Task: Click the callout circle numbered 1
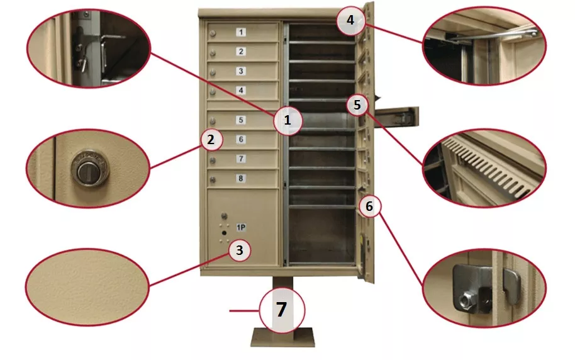pos(287,119)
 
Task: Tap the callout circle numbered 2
pos(211,139)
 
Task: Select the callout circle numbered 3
pos(238,250)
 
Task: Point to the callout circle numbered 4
pos(350,21)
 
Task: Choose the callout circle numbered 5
pos(357,105)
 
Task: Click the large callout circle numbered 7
pos(281,310)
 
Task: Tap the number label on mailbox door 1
pos(242,32)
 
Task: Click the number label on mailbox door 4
pos(240,90)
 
